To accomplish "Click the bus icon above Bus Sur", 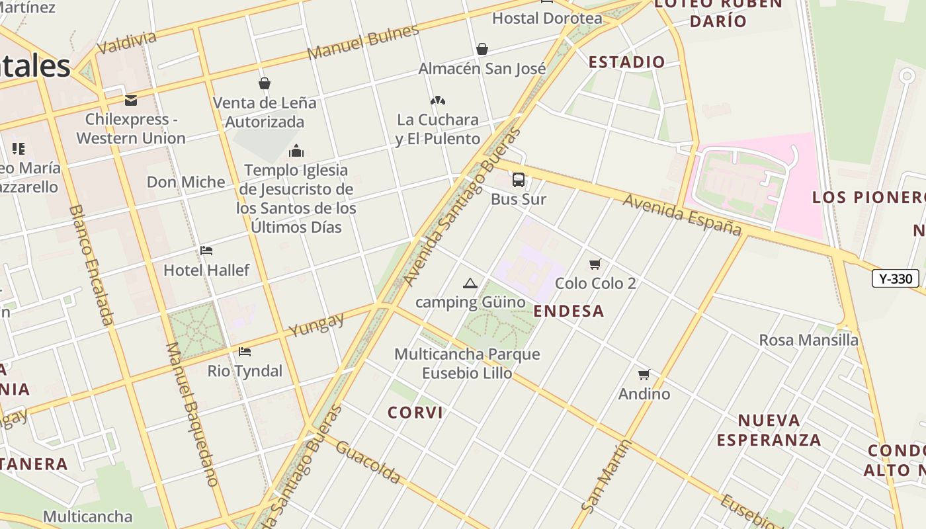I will [x=519, y=179].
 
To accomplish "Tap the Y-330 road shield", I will [x=896, y=278].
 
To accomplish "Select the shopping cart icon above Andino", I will [x=644, y=375].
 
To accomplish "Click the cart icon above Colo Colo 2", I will [x=595, y=264].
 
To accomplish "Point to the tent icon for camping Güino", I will [x=470, y=284].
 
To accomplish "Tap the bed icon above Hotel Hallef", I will [x=206, y=251].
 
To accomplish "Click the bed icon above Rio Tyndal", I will [x=245, y=352].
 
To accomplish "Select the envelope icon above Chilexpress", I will [x=131, y=101].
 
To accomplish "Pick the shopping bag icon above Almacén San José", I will [x=482, y=49].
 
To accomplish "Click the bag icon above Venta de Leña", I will [x=265, y=83].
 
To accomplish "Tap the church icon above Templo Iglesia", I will [x=296, y=151].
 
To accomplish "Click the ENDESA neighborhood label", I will [x=569, y=311].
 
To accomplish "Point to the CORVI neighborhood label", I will [x=415, y=413].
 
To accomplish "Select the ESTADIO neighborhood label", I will [x=626, y=62].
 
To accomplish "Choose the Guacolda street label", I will [x=368, y=462].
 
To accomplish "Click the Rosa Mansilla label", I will [x=808, y=340].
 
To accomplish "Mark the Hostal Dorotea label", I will [x=547, y=18].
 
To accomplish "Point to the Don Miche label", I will [x=186, y=182].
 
